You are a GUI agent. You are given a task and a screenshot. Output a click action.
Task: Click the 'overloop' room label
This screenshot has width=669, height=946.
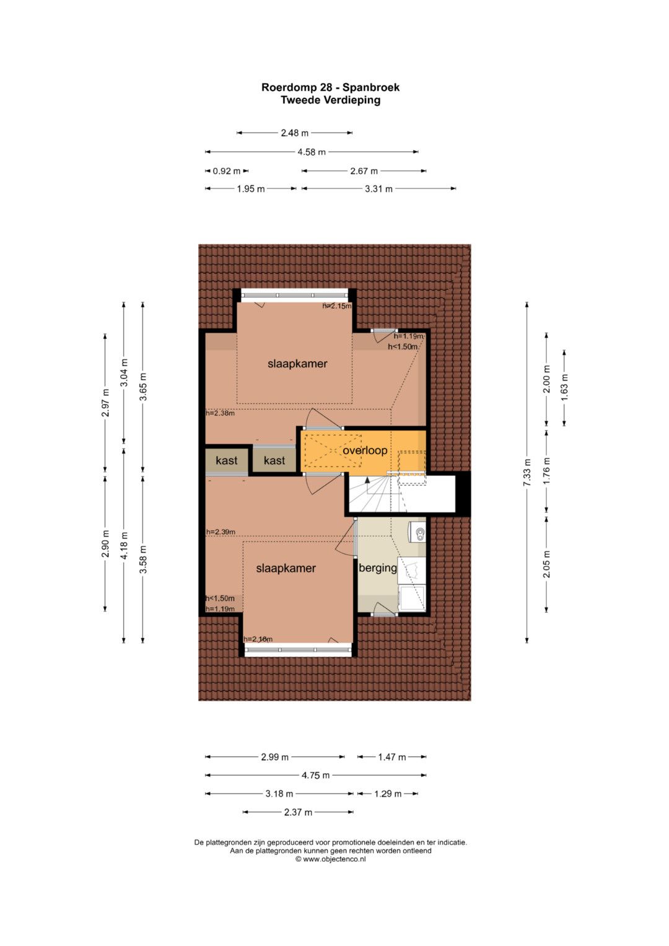(x=365, y=450)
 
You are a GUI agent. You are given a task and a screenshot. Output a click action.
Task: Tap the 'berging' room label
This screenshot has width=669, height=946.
(x=378, y=568)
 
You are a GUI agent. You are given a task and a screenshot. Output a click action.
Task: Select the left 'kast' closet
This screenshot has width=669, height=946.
(x=227, y=460)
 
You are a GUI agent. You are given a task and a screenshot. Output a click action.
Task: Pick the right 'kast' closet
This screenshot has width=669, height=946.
(x=274, y=460)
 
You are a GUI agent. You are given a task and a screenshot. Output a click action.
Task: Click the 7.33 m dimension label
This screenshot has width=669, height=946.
(x=527, y=472)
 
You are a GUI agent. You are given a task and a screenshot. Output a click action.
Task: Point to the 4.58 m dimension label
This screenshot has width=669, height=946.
(x=312, y=152)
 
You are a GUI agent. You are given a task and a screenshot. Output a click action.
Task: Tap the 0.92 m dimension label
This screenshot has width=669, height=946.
(x=226, y=171)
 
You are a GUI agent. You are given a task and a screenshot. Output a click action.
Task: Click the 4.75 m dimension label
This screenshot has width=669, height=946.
(x=315, y=775)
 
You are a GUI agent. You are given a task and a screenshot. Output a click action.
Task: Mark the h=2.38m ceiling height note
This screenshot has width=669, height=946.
(x=220, y=413)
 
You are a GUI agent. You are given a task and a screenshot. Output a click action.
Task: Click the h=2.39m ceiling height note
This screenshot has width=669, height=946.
(x=221, y=532)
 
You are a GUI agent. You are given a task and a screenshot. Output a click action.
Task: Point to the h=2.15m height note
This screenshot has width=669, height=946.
(x=337, y=306)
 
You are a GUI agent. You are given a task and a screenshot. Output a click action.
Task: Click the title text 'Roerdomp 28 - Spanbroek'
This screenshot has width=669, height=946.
(x=330, y=87)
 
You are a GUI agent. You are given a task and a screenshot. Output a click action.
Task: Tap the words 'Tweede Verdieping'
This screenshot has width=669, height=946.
(x=330, y=100)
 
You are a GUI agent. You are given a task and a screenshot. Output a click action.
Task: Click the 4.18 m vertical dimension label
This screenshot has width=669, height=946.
(x=123, y=545)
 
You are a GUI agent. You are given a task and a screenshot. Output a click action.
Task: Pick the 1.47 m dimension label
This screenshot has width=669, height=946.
(x=391, y=757)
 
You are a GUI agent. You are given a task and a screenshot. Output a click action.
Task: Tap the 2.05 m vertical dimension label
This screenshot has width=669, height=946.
(x=546, y=564)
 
